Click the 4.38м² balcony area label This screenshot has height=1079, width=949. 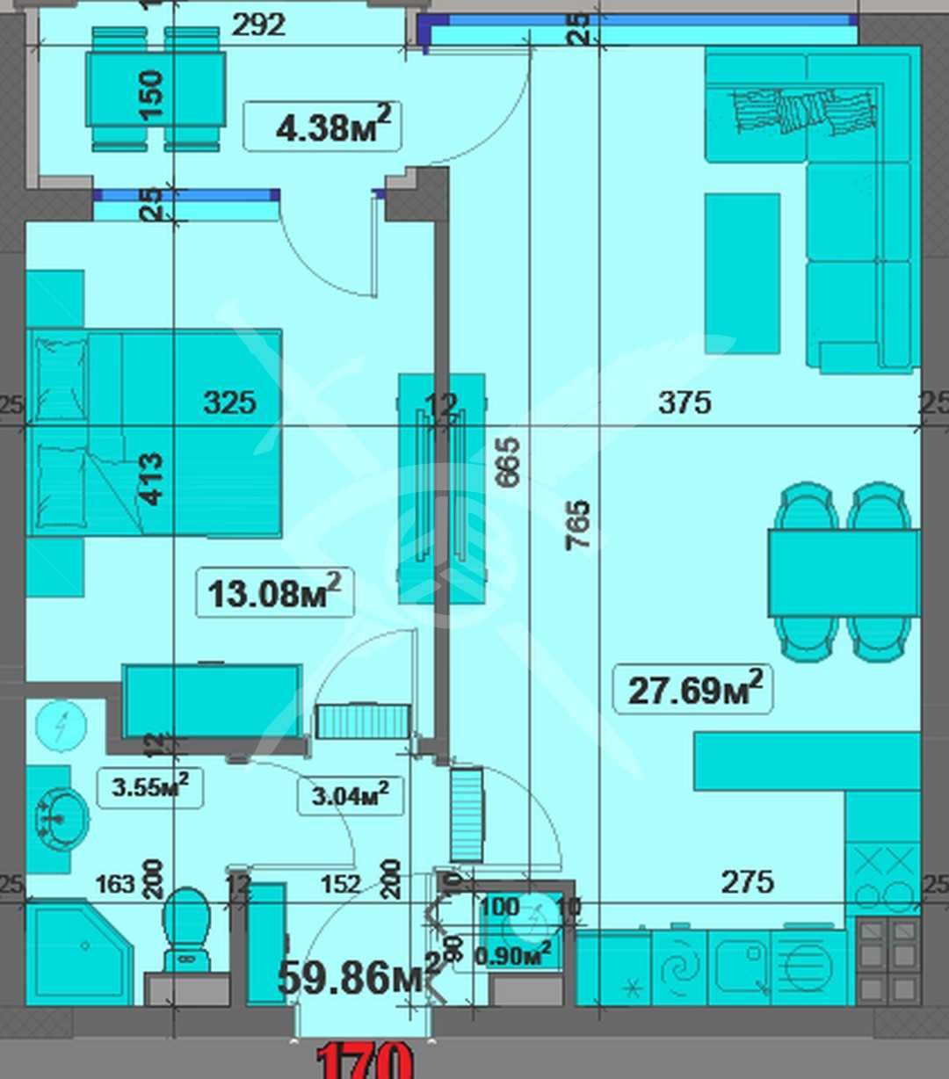tap(322, 127)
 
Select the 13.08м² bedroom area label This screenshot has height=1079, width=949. tap(274, 593)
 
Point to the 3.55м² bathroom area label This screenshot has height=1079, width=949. tap(149, 787)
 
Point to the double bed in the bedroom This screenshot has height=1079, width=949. tap(154, 432)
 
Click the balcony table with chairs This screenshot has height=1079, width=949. tap(155, 89)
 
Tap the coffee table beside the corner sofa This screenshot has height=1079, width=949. tap(742, 273)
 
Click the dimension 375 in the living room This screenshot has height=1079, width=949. tap(685, 402)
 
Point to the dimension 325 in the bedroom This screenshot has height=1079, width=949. tap(229, 402)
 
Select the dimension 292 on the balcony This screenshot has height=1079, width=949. tap(258, 25)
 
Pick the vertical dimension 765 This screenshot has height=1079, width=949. tap(578, 525)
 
